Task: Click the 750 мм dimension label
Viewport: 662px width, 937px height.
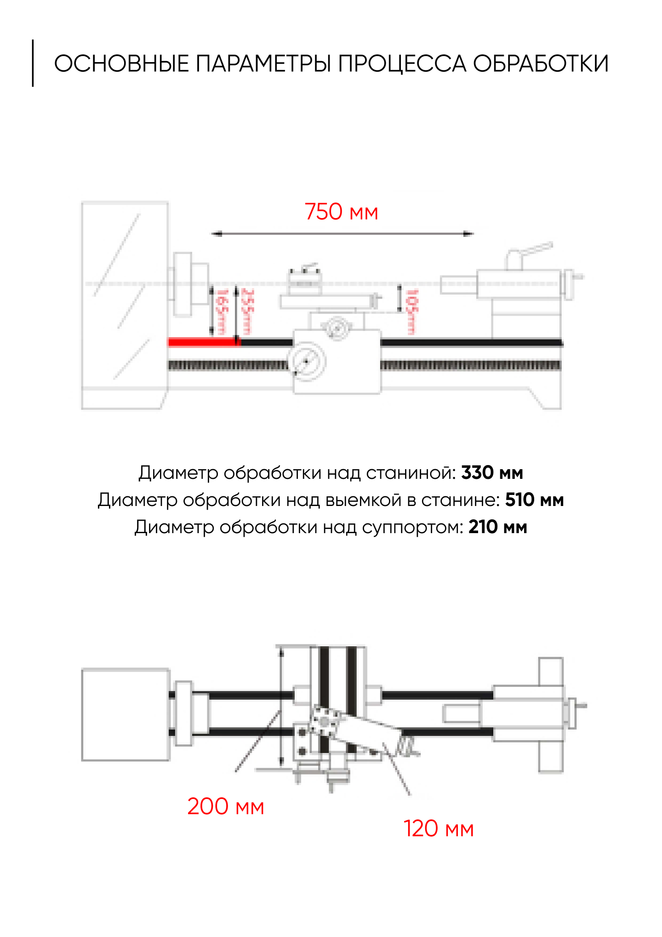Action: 341,212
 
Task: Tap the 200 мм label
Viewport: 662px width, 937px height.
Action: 226,806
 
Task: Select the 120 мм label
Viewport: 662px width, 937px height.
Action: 439,828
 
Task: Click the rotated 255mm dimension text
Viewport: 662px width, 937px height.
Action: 247,311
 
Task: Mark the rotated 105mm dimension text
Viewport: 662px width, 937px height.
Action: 411,311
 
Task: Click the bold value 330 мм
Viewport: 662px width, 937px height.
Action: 492,473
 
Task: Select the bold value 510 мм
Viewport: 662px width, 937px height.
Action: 534,500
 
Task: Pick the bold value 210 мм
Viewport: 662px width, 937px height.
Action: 497,527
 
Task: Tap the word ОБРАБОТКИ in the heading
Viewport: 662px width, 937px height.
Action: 541,63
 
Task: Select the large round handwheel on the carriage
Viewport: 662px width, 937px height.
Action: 307,361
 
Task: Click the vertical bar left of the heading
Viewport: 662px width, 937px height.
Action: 33,63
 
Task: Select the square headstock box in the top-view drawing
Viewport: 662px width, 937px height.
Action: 126,714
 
